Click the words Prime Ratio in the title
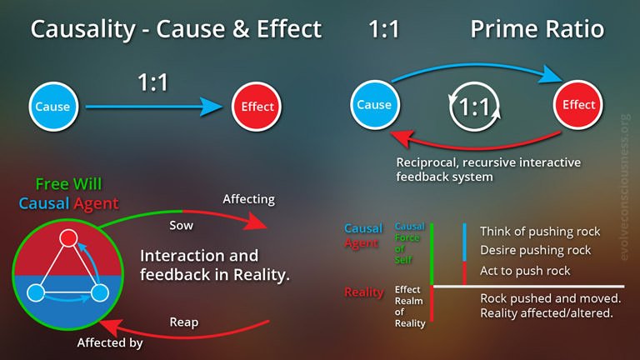pos(537,29)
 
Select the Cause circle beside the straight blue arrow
pos(53,107)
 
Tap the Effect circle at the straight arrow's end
pos(257,107)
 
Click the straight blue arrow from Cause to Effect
pos(154,107)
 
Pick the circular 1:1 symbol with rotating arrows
pos(474,107)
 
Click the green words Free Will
pos(68,184)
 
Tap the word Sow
pos(181,225)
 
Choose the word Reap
pos(184,322)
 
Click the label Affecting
pos(248,199)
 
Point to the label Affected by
pos(110,342)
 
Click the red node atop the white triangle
pos(68,237)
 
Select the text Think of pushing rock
pos(540,232)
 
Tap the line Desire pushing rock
pos(536,250)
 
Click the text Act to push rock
pos(525,271)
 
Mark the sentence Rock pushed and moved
pos(551,298)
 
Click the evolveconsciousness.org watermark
pos(625,187)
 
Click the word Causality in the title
pos(82,29)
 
